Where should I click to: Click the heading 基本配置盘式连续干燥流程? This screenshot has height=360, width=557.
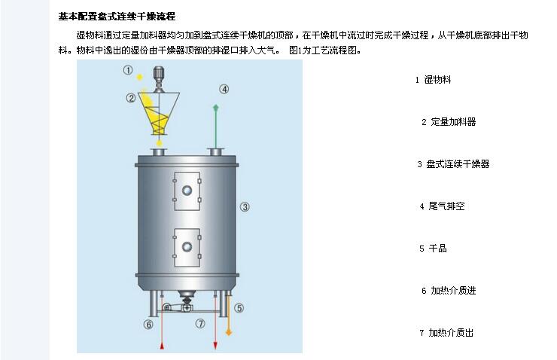[117, 17]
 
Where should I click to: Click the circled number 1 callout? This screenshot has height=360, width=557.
[128, 70]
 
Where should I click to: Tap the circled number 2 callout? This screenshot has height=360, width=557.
[131, 98]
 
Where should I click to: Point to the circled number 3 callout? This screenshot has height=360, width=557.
[245, 206]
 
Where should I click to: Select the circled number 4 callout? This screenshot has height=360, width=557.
[224, 89]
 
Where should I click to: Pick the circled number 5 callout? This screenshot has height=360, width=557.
[239, 308]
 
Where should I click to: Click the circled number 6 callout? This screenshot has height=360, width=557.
[148, 324]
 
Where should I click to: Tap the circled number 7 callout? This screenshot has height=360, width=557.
[200, 323]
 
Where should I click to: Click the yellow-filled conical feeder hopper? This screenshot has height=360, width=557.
[158, 113]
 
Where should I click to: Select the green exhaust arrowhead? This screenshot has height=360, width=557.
[215, 107]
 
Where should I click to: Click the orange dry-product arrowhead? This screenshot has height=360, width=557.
[229, 332]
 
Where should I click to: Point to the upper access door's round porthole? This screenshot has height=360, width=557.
[187, 190]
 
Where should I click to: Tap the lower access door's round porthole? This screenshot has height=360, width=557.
[187, 246]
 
